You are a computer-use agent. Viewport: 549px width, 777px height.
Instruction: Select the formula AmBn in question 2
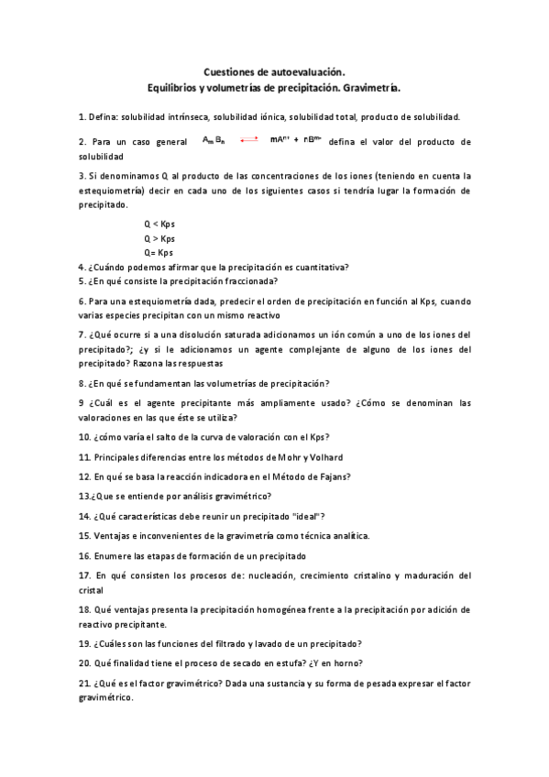[214, 141]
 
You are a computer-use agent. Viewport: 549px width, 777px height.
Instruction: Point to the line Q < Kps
[159, 224]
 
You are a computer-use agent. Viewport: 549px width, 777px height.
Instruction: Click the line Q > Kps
[159, 238]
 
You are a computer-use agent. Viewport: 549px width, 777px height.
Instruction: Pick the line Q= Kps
[159, 252]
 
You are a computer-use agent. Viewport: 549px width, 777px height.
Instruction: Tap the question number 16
[84, 555]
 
